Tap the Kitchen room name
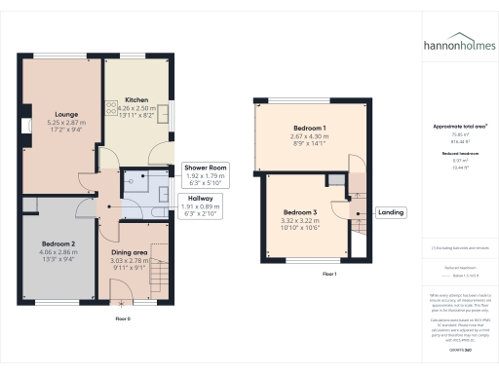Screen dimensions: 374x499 pyautogui.click(x=136, y=99)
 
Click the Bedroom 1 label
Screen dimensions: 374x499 pyautogui.click(x=311, y=129)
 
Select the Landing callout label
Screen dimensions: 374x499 pyautogui.click(x=392, y=212)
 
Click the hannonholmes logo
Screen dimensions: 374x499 pyautogui.click(x=457, y=45)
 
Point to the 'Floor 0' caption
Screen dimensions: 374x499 pyautogui.click(x=123, y=318)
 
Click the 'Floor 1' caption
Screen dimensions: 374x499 pyautogui.click(x=329, y=275)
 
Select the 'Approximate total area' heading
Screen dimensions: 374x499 pyautogui.click(x=459, y=128)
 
